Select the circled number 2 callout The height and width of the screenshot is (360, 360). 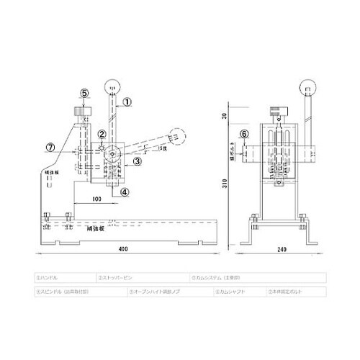pyautogui.click(x=102, y=134)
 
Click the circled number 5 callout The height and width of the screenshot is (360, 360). pyautogui.click(x=84, y=94)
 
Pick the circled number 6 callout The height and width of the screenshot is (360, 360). pyautogui.click(x=243, y=134)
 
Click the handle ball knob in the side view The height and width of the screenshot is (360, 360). pyautogui.click(x=112, y=88)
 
